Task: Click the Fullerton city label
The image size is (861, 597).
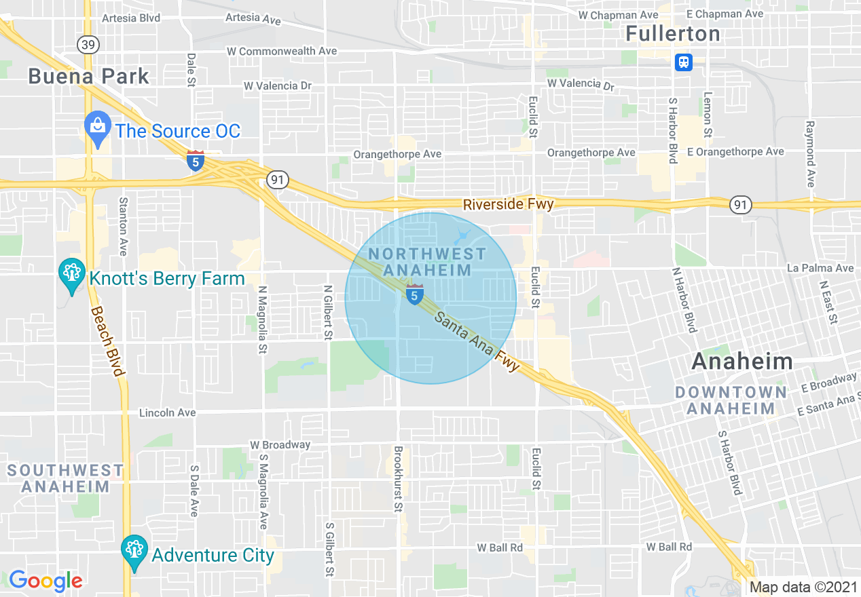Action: point(672,33)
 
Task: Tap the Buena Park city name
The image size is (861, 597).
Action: point(88,76)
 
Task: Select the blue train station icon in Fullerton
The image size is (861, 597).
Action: point(683,62)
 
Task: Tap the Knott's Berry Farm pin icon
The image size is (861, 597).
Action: point(71,275)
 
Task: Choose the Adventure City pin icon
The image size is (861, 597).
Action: point(134,553)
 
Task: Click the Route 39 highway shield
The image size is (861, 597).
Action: point(88,45)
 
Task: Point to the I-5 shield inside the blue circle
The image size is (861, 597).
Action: point(415,295)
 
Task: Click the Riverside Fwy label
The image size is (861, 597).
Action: point(508,204)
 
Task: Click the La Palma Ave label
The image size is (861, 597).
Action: point(820,268)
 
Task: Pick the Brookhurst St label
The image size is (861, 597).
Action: point(399,478)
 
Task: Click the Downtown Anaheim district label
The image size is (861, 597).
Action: point(731,400)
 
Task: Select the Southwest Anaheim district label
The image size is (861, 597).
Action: point(65,478)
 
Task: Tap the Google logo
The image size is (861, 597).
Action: point(45,581)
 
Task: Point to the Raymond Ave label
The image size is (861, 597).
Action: point(809,154)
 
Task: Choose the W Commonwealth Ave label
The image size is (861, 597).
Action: point(282,51)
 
